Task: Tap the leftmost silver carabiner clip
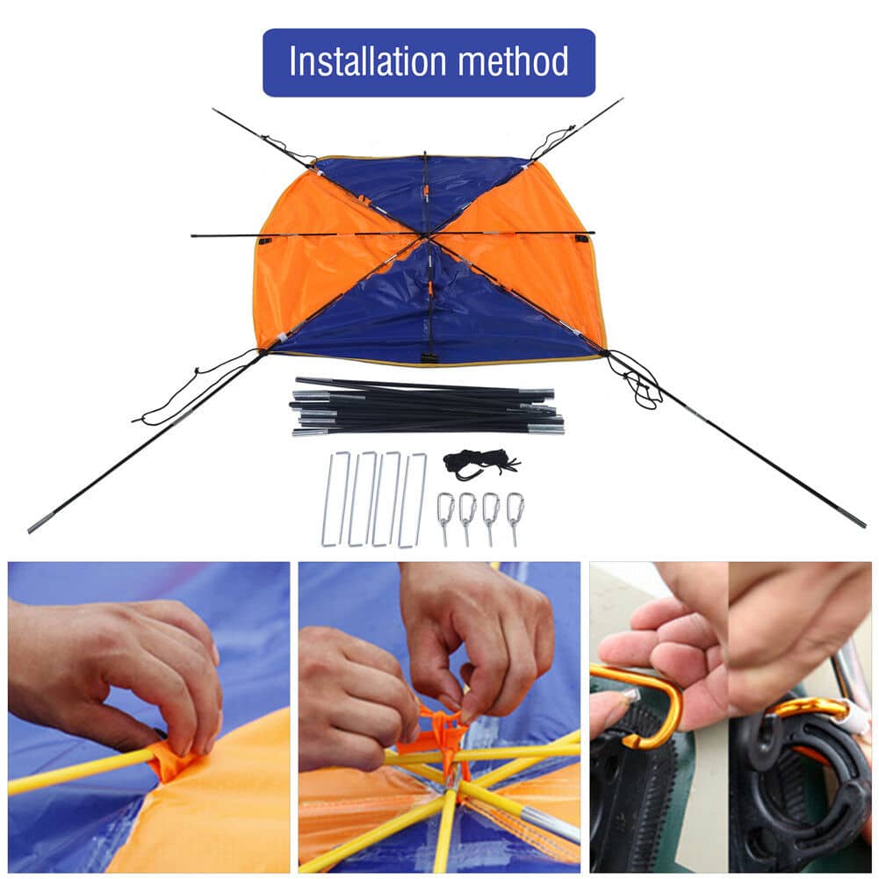point(445,517)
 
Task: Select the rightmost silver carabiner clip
point(515,517)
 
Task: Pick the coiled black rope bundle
point(480,464)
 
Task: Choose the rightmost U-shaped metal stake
point(412,500)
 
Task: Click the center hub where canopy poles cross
point(427,235)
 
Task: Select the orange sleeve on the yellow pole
point(174,757)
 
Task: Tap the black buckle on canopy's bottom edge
point(429,358)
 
